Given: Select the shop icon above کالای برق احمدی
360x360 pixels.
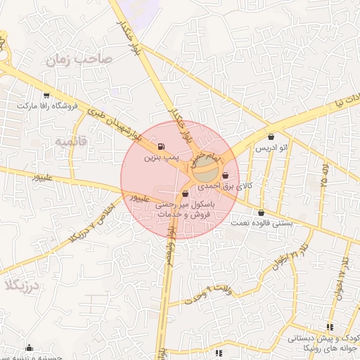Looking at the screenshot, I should pyautogui.click(x=225, y=176).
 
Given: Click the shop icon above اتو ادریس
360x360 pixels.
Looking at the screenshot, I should pyautogui.click(x=271, y=137).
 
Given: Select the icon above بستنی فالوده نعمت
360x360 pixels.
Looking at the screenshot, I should pyautogui.click(x=262, y=212).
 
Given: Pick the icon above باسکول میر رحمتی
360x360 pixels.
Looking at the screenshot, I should pyautogui.click(x=185, y=193).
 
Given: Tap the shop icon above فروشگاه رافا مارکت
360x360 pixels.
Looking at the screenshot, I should pyautogui.click(x=46, y=95).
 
